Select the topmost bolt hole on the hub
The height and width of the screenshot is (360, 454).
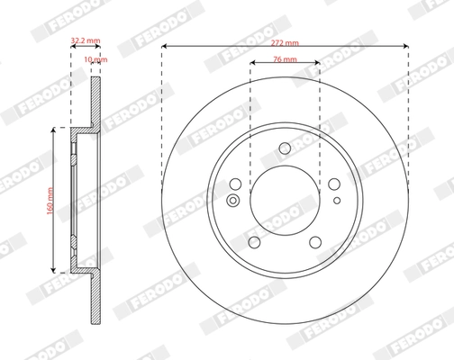click(285, 149)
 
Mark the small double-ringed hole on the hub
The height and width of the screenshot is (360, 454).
click(233, 200)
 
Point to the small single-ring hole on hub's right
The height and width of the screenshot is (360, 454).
click(337, 200)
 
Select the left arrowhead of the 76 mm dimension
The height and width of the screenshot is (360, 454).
click(253, 67)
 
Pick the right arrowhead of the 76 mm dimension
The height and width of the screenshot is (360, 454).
click(316, 67)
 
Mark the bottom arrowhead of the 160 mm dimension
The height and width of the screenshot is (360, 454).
click(56, 269)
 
